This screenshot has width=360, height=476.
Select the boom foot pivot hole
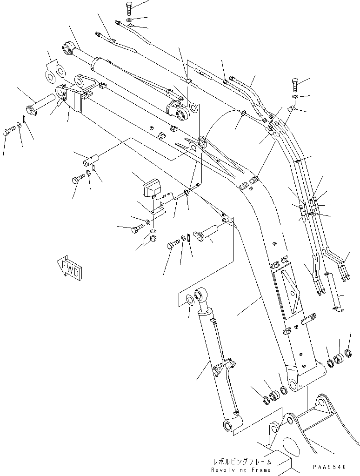[x=293, y=384]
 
